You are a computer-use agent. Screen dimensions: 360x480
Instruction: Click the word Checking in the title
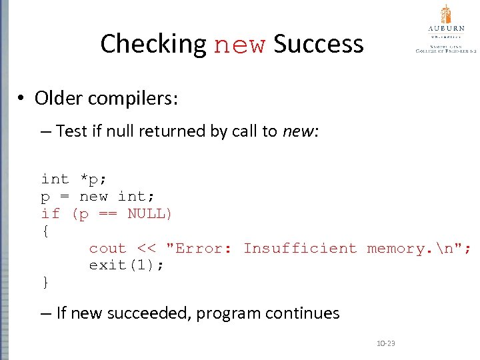click(x=153, y=45)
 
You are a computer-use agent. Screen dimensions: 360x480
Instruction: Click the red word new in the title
click(x=240, y=45)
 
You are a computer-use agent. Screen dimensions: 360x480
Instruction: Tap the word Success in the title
click(x=319, y=45)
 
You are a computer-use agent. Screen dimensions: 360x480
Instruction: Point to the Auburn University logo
click(x=445, y=30)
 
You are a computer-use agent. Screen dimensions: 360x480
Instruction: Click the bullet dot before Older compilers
click(x=22, y=99)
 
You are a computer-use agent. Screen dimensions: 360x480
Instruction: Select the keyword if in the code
click(x=51, y=213)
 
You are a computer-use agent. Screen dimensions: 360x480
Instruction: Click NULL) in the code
click(x=150, y=213)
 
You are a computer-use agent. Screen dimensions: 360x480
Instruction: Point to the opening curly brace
click(x=45, y=231)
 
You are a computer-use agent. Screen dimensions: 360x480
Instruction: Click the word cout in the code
click(x=107, y=248)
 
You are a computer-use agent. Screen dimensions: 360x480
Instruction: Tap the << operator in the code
click(x=145, y=248)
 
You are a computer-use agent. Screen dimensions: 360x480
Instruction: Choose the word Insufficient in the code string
click(x=300, y=248)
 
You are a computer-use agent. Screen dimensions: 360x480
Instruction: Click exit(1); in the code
click(x=127, y=265)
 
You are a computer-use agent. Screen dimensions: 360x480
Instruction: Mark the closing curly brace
click(x=45, y=283)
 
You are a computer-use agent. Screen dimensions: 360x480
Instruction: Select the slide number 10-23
click(x=386, y=343)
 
